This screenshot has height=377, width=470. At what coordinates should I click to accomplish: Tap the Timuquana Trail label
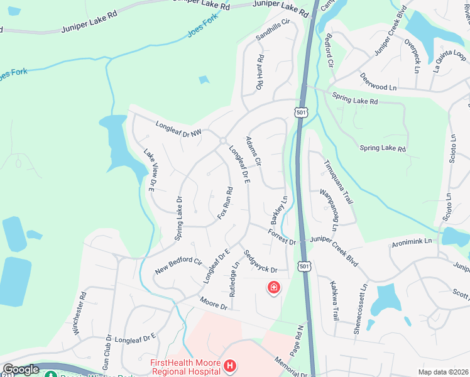point(335,178)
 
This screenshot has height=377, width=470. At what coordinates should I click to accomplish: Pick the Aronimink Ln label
point(412,241)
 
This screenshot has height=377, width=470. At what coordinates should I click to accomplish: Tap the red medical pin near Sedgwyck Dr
point(273,287)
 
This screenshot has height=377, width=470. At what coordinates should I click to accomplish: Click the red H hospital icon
point(231,365)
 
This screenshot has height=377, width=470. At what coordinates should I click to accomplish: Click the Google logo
point(22,370)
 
